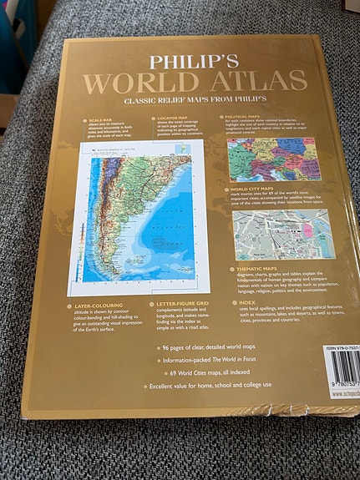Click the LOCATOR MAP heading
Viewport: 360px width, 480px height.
click(170, 119)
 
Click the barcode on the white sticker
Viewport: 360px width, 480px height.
click(343, 371)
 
